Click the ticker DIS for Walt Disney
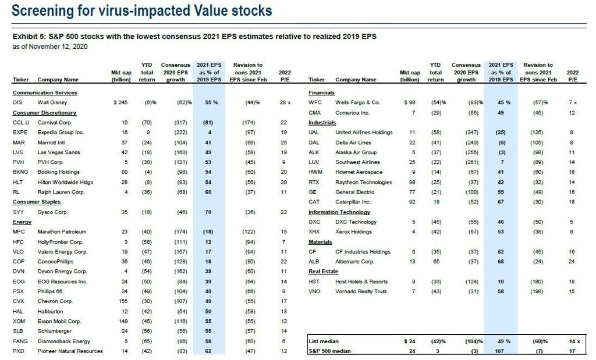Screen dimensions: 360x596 click(x=17, y=102)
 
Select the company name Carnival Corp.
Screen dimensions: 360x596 click(x=55, y=123)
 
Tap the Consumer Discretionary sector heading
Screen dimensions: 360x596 click(x=44, y=112)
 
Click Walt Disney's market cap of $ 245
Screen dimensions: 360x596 click(x=119, y=102)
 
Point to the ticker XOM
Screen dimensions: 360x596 click(x=19, y=321)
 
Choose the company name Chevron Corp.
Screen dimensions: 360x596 click(x=55, y=301)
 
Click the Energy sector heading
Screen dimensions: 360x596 click(x=22, y=222)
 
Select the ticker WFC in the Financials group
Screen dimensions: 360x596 click(x=314, y=102)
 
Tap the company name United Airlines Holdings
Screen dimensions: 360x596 click(x=364, y=133)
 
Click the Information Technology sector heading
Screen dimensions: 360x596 click(x=339, y=212)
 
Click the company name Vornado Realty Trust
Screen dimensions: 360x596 click(x=361, y=291)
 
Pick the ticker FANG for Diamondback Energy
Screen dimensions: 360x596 click(x=20, y=341)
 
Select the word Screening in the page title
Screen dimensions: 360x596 click(x=40, y=11)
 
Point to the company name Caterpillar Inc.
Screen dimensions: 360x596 click(x=353, y=202)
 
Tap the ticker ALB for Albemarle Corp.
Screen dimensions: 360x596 click(x=314, y=262)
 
